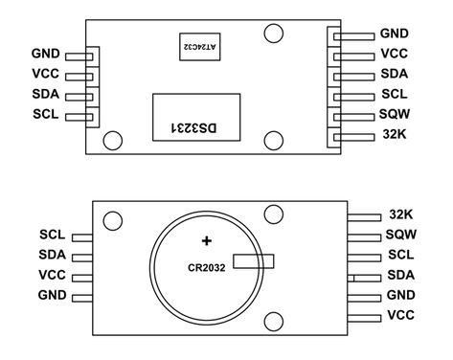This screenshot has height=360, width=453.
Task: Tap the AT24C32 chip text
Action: coord(194,45)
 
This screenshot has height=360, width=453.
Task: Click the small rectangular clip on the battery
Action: coord(255,260)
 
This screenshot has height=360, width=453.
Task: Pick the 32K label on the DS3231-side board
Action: coord(394,135)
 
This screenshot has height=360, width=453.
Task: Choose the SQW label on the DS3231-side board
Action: coord(395,114)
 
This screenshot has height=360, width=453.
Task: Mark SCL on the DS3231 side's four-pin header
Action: coord(45,114)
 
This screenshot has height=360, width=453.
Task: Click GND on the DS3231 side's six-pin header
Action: coord(395,34)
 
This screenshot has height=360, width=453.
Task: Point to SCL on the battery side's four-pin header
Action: coord(52,234)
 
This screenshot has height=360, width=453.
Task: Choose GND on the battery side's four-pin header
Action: coord(52,294)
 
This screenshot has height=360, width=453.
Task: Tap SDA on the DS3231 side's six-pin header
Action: coord(395,74)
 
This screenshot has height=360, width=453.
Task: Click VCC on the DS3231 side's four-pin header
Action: coord(45,74)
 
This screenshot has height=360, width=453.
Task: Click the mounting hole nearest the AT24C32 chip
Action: coord(274,34)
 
